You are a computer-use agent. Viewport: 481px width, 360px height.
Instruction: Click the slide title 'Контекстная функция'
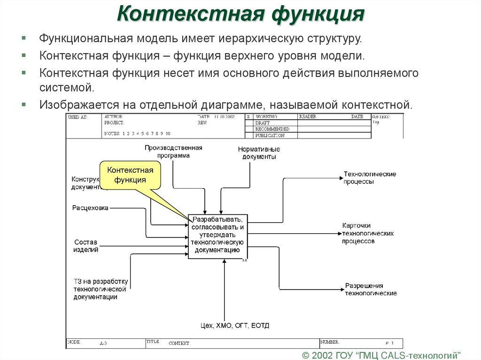coord(240,14)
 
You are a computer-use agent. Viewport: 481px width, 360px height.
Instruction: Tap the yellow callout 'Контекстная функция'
coord(130,175)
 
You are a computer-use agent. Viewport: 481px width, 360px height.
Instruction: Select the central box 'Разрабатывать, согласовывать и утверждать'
coord(217,235)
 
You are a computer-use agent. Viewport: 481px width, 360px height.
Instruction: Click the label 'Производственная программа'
coord(173,152)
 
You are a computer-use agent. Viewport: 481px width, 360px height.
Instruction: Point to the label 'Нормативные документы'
coord(259,153)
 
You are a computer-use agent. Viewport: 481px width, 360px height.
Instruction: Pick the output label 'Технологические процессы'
coord(369,178)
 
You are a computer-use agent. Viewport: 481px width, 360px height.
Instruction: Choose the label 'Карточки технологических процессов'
coord(367,233)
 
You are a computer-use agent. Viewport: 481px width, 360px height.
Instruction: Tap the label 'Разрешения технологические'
coord(371,289)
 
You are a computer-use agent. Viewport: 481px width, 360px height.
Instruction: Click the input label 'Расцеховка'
coord(90,207)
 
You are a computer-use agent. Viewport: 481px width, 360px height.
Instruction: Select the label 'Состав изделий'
coord(85,246)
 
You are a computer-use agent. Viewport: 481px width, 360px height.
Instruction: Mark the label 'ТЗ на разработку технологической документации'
coord(100,289)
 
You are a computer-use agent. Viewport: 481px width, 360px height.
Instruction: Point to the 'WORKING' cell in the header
coord(266,116)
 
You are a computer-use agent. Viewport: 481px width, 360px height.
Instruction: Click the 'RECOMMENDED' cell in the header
coord(272,129)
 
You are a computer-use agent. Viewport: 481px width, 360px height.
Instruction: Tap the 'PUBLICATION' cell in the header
coord(270,136)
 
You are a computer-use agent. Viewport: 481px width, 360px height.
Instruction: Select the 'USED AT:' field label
coord(78,117)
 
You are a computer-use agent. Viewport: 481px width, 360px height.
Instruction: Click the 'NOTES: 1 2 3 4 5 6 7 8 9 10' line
coord(137,134)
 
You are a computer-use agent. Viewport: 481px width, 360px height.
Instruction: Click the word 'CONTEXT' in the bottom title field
coord(179,343)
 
